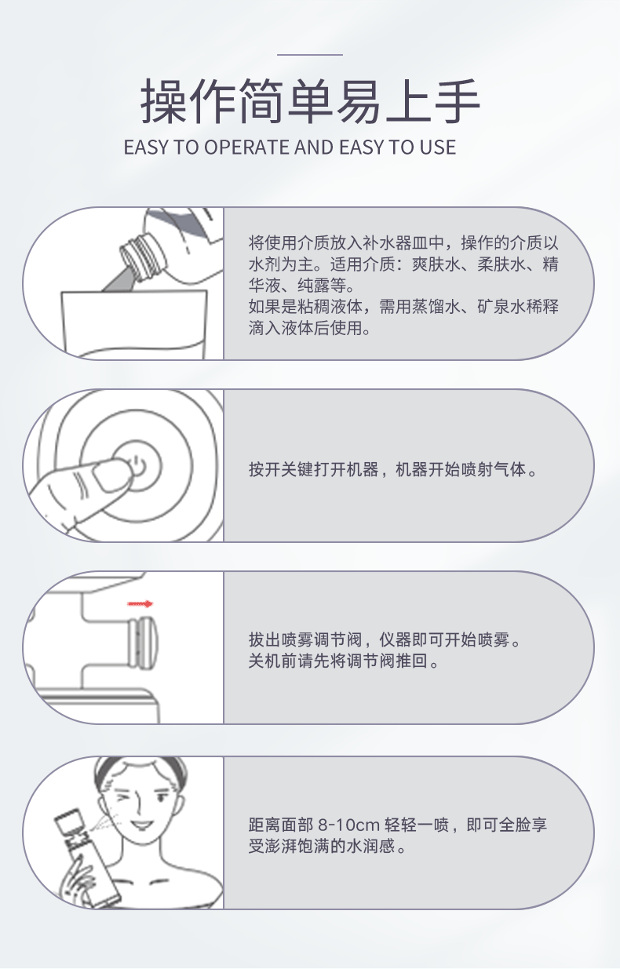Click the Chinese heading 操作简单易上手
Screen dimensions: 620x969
310,100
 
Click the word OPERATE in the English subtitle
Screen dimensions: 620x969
247,148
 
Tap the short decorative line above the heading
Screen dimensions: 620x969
310,55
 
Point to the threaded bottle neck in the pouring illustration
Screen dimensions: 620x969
138,257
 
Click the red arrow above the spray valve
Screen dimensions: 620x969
140,604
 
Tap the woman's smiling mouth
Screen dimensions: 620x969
144,823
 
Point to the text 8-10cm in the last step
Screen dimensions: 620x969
348,825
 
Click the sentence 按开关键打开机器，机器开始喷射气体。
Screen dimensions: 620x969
392,470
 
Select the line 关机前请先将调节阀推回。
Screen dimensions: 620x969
344,661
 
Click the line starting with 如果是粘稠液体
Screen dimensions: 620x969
403,307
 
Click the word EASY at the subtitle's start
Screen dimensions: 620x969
146,148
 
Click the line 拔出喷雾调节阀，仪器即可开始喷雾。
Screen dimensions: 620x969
385,639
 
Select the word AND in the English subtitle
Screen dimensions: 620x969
315,148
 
